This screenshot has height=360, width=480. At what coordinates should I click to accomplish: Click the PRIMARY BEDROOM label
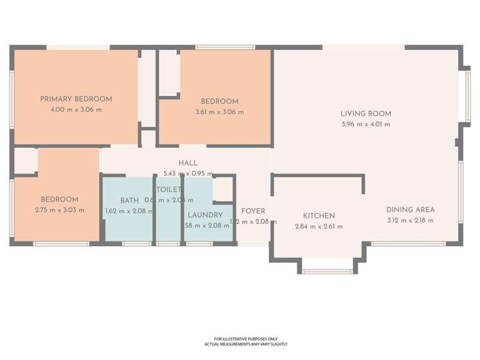tap(76, 99)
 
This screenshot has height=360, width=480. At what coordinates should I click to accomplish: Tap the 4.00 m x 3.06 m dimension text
tap(76, 110)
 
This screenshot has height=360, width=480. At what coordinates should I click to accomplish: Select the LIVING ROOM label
tap(365, 113)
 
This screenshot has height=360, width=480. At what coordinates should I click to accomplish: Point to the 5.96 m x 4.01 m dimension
tap(365, 124)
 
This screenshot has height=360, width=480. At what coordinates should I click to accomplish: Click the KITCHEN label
tap(319, 216)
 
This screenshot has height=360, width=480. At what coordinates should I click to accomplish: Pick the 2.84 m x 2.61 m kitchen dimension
tap(319, 227)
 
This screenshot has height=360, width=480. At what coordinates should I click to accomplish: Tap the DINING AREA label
tap(410, 209)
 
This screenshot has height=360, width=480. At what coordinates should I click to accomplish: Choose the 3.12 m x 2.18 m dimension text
tap(410, 220)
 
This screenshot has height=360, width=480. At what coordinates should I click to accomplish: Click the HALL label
tap(188, 163)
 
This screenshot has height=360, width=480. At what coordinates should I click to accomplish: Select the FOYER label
tap(252, 211)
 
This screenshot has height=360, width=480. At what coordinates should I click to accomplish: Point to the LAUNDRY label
tap(205, 215)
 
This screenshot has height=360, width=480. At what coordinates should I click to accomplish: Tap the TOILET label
tap(169, 190)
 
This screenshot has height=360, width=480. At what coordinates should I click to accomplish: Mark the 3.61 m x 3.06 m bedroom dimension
tap(219, 112)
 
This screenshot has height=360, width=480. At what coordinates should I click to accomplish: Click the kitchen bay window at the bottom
tap(327, 272)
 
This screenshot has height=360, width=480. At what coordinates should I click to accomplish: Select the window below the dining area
tap(408, 243)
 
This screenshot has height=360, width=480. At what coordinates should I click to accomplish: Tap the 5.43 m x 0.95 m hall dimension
tap(188, 174)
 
